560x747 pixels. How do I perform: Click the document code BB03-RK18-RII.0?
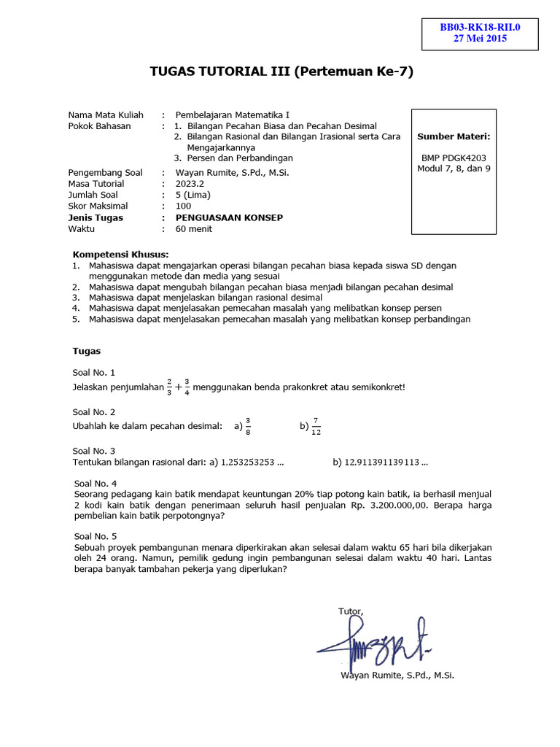[x=479, y=28]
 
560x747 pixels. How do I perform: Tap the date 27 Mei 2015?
[x=480, y=39]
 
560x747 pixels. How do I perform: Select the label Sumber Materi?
[x=454, y=136]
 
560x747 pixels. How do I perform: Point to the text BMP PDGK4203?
[x=454, y=158]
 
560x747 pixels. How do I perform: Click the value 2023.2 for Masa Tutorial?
[x=191, y=184]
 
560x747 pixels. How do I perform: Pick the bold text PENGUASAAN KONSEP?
[x=229, y=217]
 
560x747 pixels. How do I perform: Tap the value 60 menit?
[x=194, y=228]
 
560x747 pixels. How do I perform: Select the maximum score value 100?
[x=184, y=206]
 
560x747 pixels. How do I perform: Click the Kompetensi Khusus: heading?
[x=121, y=254]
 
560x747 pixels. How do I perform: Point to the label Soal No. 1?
[x=94, y=372]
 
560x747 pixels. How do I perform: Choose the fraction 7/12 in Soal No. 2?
[x=316, y=426]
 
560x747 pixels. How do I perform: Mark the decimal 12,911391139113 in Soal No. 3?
[x=386, y=462]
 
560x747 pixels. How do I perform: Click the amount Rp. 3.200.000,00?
[x=389, y=505]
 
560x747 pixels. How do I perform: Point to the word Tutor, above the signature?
[x=351, y=611]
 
